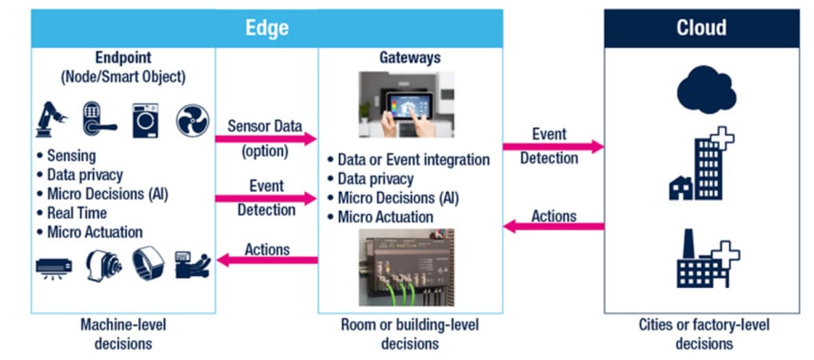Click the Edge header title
pyautogui.click(x=267, y=28)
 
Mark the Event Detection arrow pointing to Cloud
pyautogui.click(x=553, y=146)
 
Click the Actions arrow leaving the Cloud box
pyautogui.click(x=553, y=227)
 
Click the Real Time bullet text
pyautogui.click(x=76, y=213)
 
